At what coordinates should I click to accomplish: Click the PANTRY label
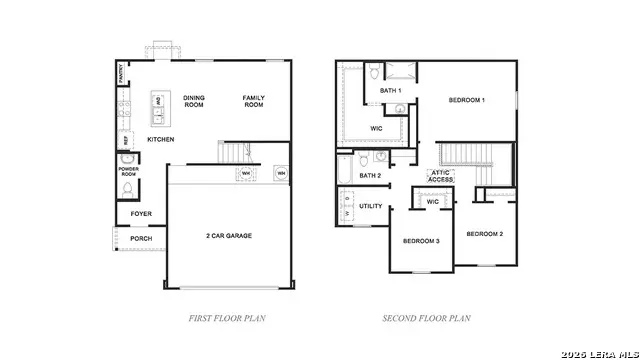(x=120, y=74)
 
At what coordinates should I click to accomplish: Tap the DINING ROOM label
(x=193, y=101)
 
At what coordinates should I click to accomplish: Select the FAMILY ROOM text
(x=253, y=101)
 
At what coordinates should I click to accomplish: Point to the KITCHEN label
(x=161, y=140)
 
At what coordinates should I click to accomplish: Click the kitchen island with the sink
(x=158, y=109)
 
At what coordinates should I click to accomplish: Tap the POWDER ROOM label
(x=128, y=172)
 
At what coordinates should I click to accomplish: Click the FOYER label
(x=141, y=214)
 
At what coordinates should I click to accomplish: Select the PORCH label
(x=141, y=239)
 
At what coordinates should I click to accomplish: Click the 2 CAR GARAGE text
(x=229, y=236)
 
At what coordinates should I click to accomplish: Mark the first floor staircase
(x=234, y=153)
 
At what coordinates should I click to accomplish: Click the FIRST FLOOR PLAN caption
(x=227, y=319)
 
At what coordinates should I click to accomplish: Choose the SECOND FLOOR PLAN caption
(x=426, y=319)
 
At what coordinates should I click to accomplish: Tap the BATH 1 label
(x=390, y=91)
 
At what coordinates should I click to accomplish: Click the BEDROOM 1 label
(x=466, y=100)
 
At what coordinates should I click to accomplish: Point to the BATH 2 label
(x=370, y=176)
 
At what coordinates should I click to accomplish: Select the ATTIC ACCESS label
(x=441, y=176)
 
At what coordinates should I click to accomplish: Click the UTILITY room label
(x=371, y=206)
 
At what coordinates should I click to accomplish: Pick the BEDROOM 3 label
(x=421, y=242)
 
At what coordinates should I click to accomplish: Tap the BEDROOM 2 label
(x=484, y=233)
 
